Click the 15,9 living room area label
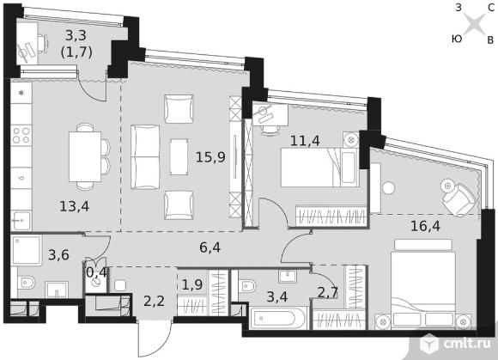(210, 157)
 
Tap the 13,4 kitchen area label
(75, 206)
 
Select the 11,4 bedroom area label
(305, 140)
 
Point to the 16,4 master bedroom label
(425, 226)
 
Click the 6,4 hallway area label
(210, 247)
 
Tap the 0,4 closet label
(96, 272)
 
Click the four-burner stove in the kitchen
(21, 135)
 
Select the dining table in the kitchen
(85, 156)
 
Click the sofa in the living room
(145, 156)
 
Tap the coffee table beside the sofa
(179, 156)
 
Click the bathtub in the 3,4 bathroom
(278, 318)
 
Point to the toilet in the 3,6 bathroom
(26, 283)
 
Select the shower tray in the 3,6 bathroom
(27, 250)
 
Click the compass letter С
(491, 9)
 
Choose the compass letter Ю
(457, 39)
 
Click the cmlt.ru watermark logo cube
(429, 344)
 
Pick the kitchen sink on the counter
(21, 221)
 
